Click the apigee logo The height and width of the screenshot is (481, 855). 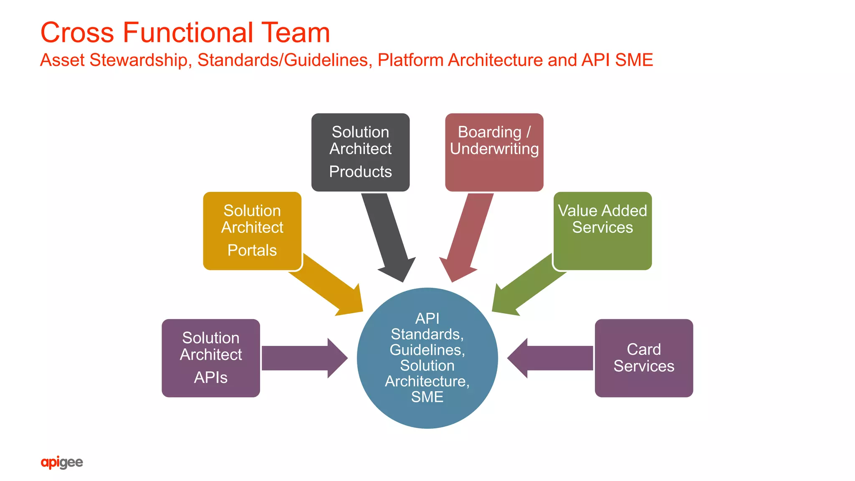(x=62, y=462)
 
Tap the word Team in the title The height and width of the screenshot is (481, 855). (x=296, y=33)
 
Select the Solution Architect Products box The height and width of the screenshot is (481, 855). (x=360, y=152)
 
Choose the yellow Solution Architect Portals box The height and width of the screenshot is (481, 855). (x=252, y=231)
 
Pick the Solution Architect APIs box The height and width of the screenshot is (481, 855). (x=211, y=358)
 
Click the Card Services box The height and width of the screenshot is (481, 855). (x=644, y=358)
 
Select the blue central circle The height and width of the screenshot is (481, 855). (x=427, y=358)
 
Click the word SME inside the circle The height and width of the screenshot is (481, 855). (x=427, y=397)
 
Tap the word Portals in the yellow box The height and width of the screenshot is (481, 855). (x=252, y=250)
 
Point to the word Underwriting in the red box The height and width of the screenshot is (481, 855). (x=494, y=149)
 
